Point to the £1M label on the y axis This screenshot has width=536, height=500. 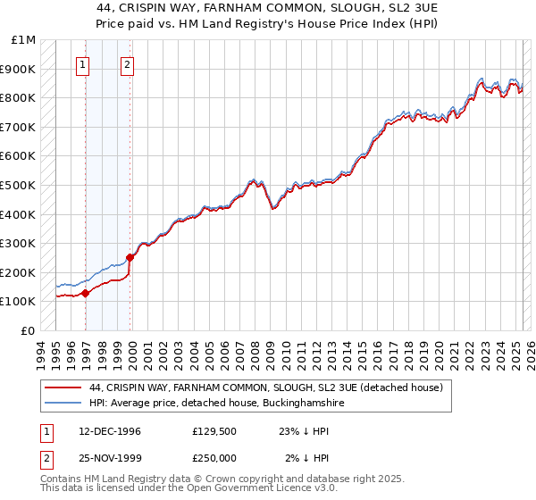click(23, 40)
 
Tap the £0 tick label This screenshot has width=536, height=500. click(29, 330)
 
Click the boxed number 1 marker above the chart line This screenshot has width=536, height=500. click(83, 64)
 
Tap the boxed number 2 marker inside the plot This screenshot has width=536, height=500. click(128, 64)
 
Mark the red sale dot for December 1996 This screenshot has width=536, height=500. click(86, 293)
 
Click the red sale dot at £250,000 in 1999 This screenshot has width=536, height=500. click(130, 258)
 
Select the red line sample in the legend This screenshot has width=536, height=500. click(63, 387)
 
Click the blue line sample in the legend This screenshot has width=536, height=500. click(63, 404)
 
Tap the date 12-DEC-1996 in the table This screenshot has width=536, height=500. click(110, 431)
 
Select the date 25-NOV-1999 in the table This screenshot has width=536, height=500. click(110, 457)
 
